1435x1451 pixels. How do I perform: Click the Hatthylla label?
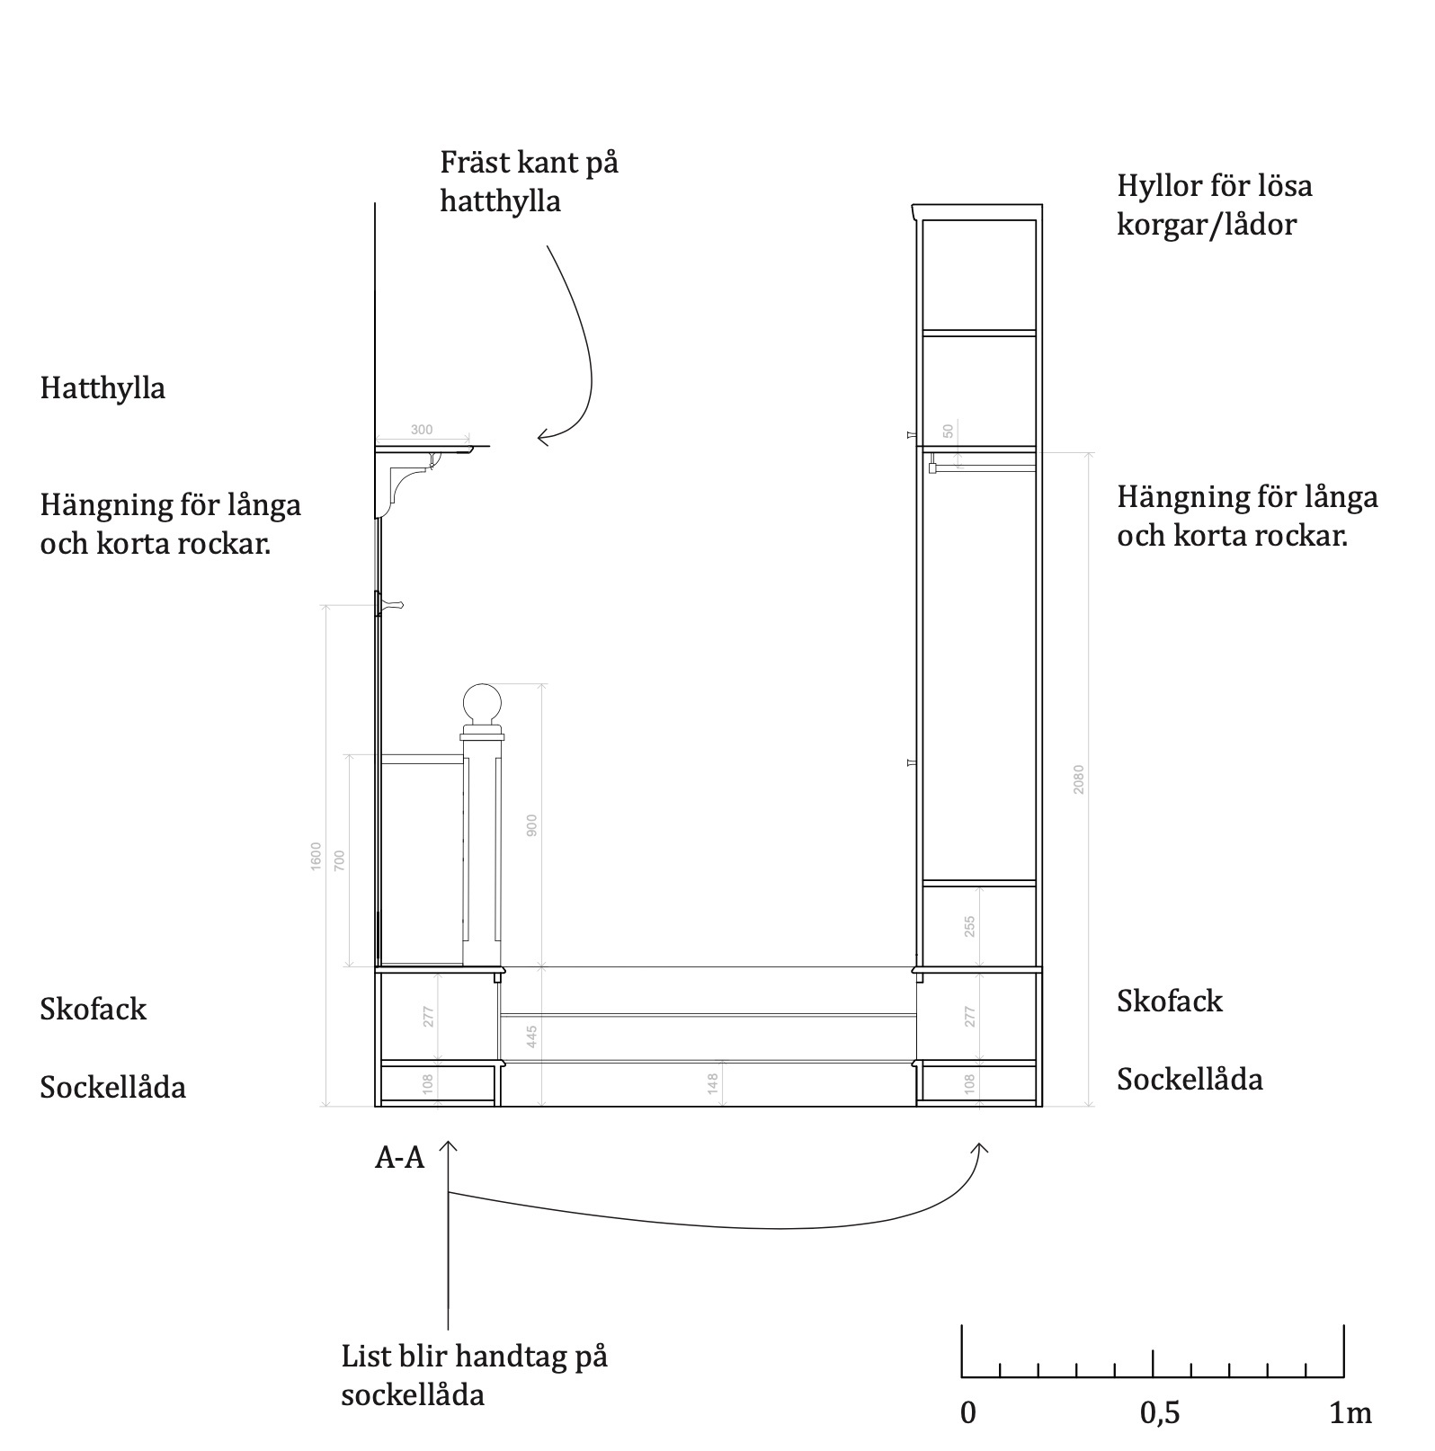[102, 388]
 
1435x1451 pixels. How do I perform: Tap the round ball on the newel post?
[480, 704]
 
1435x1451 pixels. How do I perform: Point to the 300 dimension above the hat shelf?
[422, 431]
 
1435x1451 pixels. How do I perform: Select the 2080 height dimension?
[1079, 779]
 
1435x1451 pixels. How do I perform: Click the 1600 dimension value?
[316, 856]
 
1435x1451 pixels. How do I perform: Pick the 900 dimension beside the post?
[531, 825]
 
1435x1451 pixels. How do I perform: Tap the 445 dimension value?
[531, 1037]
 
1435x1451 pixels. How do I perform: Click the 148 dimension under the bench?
[713, 1083]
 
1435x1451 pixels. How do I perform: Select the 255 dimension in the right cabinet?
[969, 927]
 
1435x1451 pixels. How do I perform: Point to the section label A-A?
[399, 1158]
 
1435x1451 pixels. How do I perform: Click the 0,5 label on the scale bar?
[1159, 1413]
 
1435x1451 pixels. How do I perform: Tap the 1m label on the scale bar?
[1350, 1413]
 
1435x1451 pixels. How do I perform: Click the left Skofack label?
[93, 1010]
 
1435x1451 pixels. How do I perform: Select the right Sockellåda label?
[1190, 1079]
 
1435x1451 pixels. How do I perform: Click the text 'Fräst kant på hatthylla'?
[529, 182]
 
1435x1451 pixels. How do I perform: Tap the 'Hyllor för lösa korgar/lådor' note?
[1214, 205]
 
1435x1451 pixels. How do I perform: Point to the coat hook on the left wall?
[392, 604]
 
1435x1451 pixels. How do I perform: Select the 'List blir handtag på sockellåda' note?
[474, 1375]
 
